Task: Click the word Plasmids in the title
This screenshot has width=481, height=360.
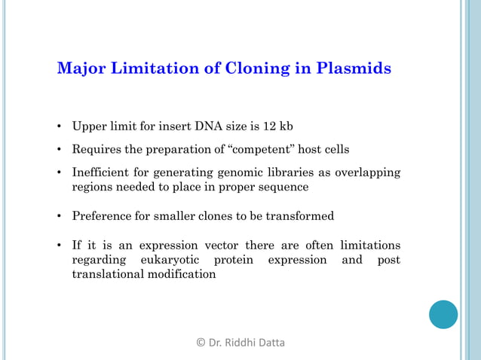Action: coord(354,69)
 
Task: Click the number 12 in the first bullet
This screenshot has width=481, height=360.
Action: coord(269,125)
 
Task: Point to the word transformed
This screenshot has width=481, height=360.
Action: coord(299,216)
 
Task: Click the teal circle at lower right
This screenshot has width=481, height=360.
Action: coord(443,314)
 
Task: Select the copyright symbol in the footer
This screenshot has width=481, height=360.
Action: coord(201,343)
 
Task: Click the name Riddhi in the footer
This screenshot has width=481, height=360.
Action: coord(242,343)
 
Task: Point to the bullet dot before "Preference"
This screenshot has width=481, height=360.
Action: coord(60,217)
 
